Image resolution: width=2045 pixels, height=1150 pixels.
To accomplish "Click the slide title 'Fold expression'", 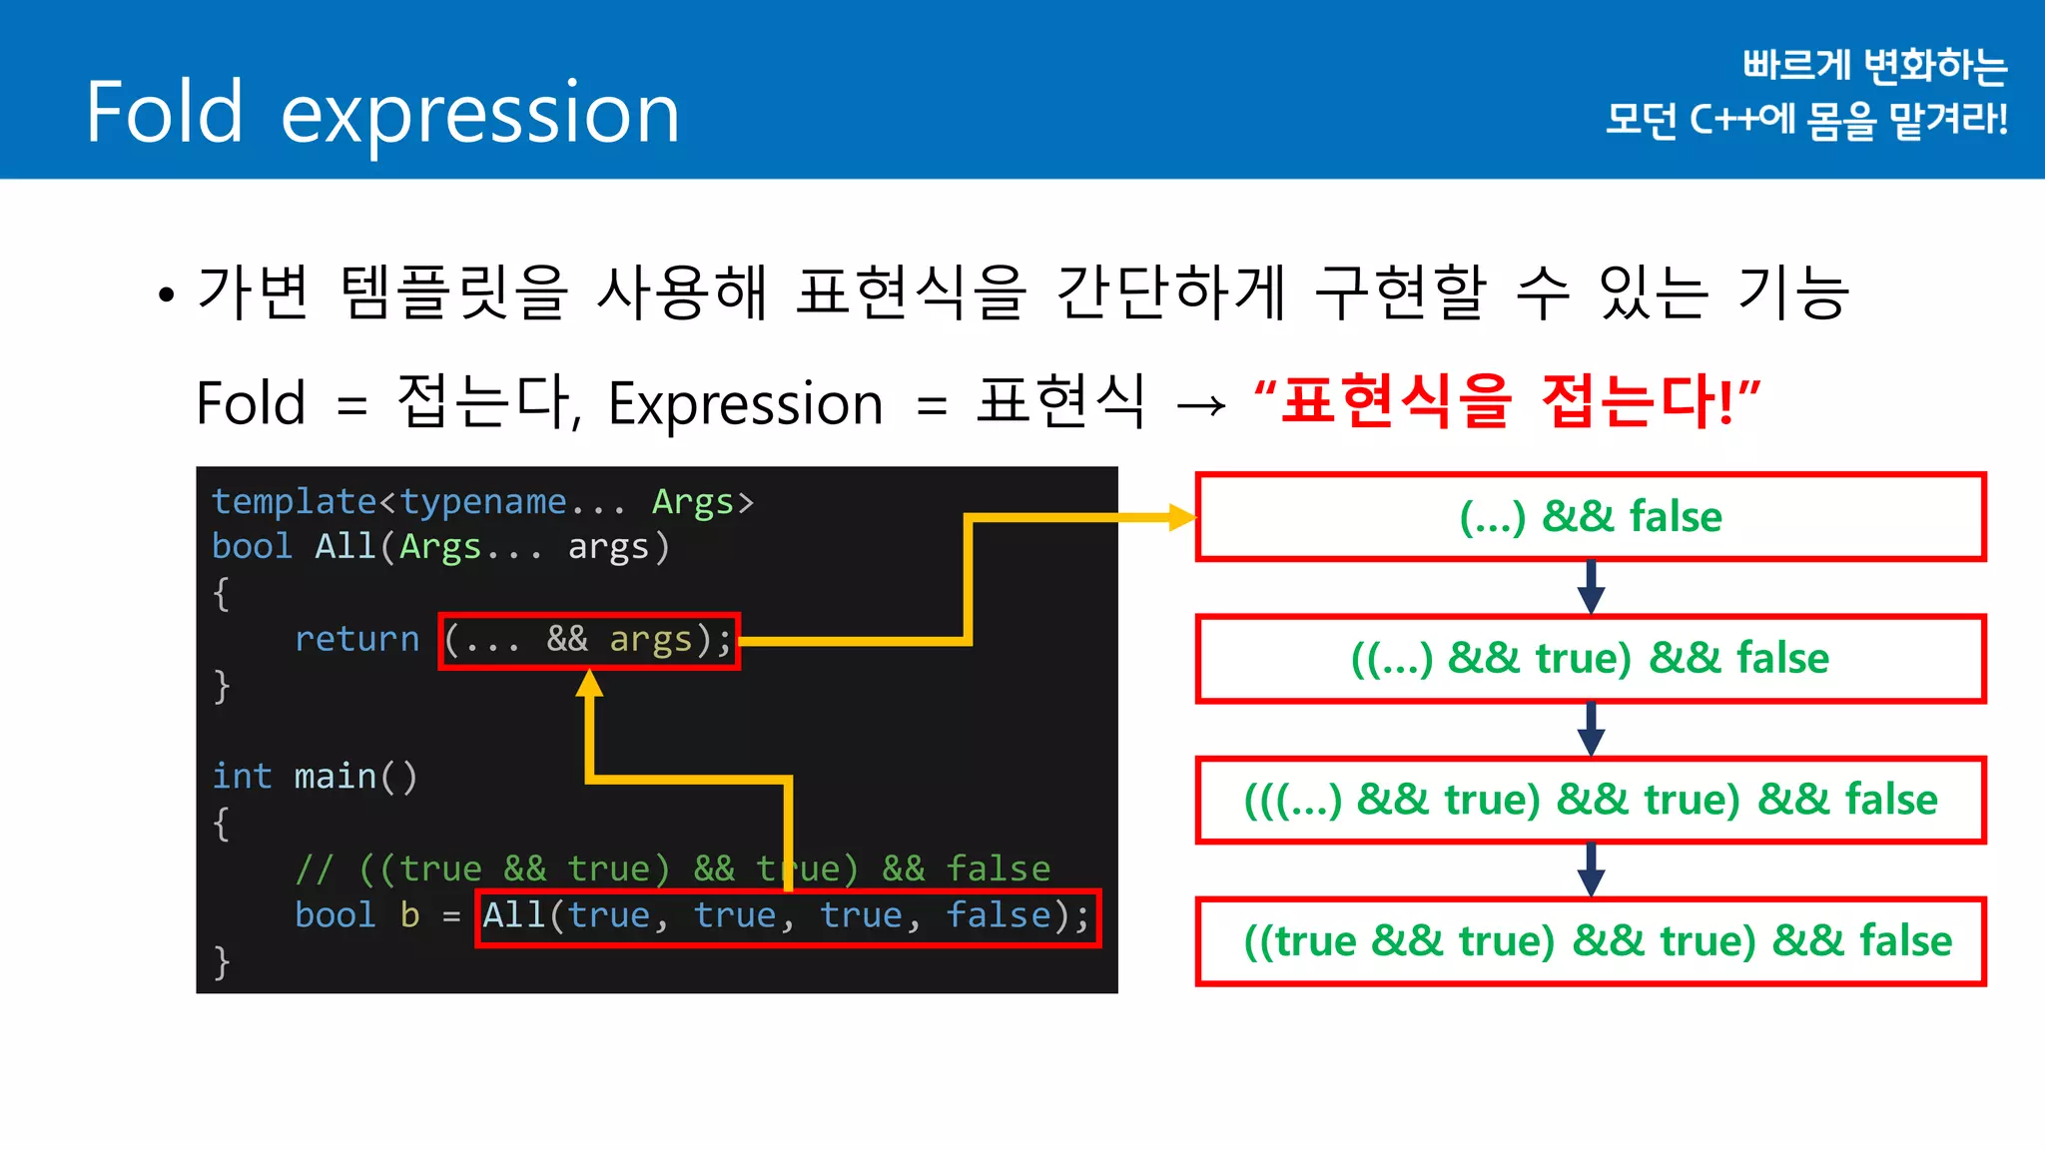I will pyautogui.click(x=382, y=112).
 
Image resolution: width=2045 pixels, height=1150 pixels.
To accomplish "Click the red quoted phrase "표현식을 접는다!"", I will pyautogui.click(x=1507, y=401).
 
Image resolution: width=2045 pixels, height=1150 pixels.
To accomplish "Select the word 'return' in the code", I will pyautogui.click(x=356, y=639).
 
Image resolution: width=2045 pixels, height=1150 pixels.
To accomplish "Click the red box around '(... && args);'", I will pyautogui.click(x=589, y=641).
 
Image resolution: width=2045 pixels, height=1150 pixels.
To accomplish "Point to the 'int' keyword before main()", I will pyautogui.click(x=242, y=777).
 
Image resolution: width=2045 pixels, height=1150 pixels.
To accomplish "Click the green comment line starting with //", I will pyautogui.click(x=672, y=868).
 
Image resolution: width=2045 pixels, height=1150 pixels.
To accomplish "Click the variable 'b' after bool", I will pyautogui.click(x=409, y=915).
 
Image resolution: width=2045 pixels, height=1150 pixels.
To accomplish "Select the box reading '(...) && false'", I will pyautogui.click(x=1590, y=517).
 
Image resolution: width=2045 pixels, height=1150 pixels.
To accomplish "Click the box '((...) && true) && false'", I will pyautogui.click(x=1590, y=659).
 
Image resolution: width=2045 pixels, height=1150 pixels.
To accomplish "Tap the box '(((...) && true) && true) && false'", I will pyautogui.click(x=1590, y=800).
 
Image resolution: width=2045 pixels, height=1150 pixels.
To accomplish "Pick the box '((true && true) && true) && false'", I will pyautogui.click(x=1590, y=941).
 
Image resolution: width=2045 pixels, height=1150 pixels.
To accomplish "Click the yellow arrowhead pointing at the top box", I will pyautogui.click(x=1182, y=517).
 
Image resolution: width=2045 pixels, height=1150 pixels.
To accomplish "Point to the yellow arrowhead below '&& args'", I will pyautogui.click(x=590, y=684).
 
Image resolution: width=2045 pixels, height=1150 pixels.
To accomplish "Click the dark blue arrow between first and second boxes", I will pyautogui.click(x=1591, y=588).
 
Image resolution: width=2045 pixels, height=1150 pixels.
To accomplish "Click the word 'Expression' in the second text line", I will pyautogui.click(x=745, y=404).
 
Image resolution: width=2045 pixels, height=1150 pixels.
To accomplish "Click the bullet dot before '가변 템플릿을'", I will pyautogui.click(x=166, y=294).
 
